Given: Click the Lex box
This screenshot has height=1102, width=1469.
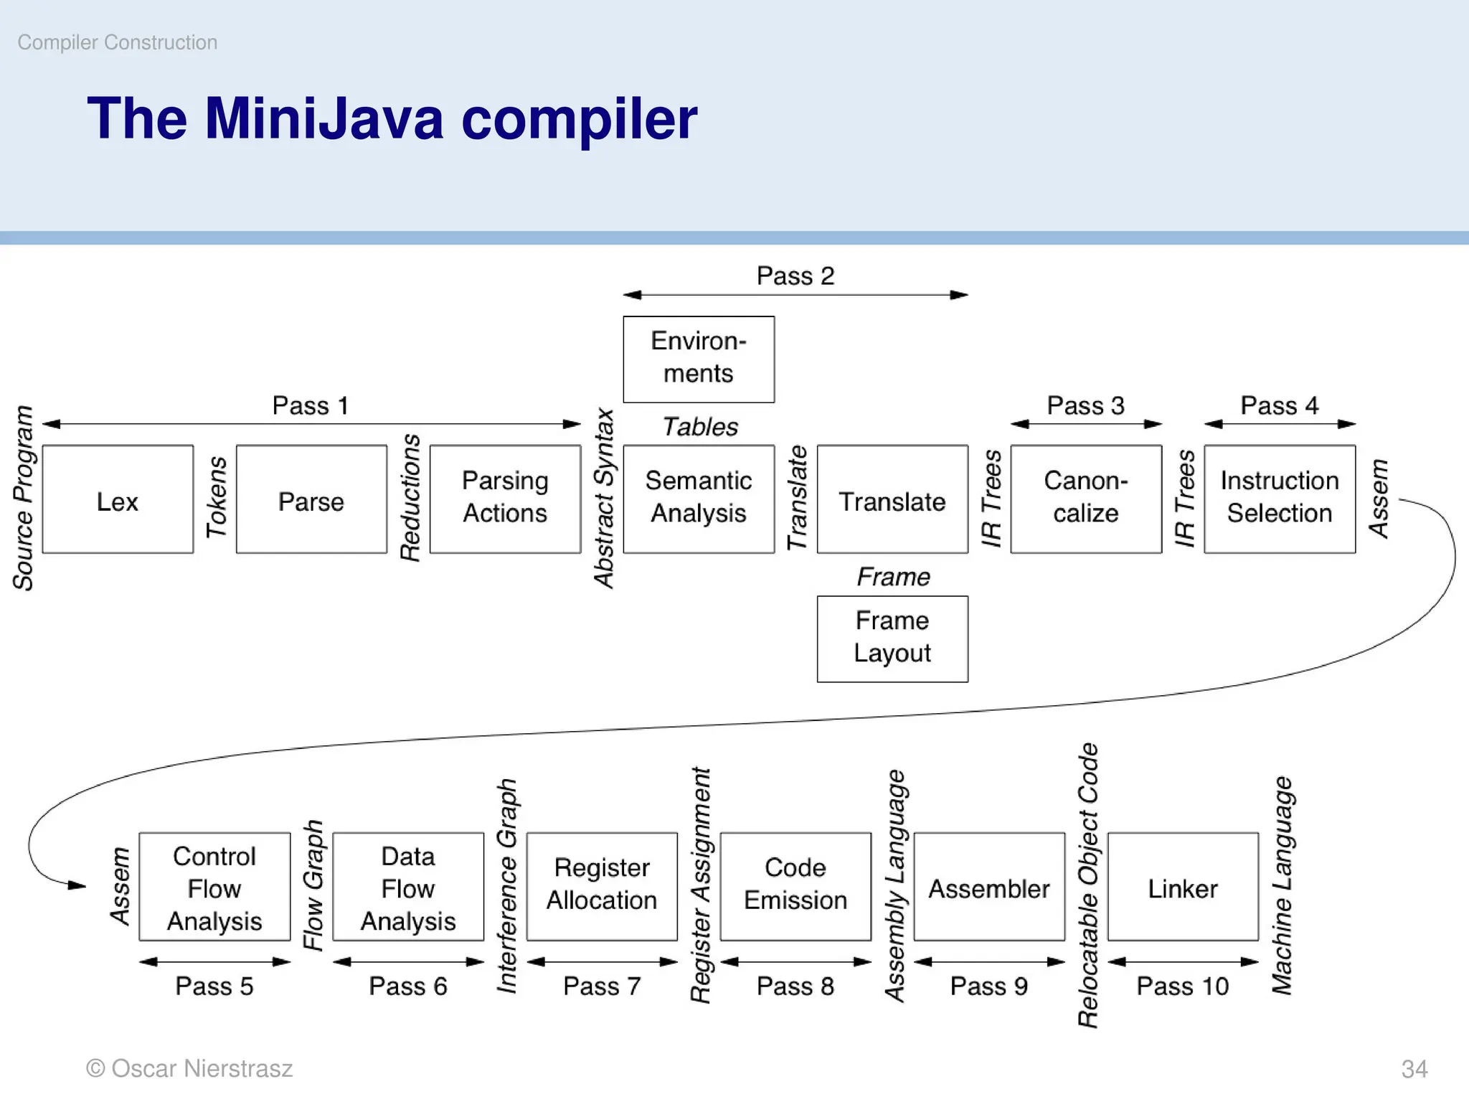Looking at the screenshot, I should click(118, 499).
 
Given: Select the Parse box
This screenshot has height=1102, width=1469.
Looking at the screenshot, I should click(311, 499).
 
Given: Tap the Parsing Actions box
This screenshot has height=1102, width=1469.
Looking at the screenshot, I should click(505, 499).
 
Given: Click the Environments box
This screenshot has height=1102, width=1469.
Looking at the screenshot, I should click(699, 359).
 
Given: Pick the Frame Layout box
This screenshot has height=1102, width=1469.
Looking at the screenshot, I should click(892, 639).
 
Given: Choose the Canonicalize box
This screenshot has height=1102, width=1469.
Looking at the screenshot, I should click(1086, 499).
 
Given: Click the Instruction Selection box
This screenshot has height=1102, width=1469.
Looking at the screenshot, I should click(1280, 499).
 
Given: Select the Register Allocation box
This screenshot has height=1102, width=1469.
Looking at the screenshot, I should click(602, 886).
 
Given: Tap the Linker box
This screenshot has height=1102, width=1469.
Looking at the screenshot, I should click(1183, 886).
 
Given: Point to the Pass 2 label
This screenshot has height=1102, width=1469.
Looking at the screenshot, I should click(795, 276).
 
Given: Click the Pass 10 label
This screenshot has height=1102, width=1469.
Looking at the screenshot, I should click(1183, 986).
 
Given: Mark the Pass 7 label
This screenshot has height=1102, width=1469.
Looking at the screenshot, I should click(602, 986).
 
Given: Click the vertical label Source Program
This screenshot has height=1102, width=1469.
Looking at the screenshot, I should click(23, 498).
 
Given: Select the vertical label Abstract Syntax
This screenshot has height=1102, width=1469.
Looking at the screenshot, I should click(605, 498).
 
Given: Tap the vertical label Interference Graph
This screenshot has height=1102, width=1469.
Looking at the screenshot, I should click(507, 886).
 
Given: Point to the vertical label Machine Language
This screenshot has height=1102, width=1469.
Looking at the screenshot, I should click(1282, 886).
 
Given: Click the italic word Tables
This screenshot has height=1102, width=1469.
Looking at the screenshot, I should click(700, 428).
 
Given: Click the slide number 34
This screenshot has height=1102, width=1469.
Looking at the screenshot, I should click(1414, 1069).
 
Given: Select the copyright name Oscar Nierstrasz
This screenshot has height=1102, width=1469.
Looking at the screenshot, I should click(202, 1069).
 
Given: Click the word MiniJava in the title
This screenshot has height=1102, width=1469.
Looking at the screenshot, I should click(324, 118).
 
